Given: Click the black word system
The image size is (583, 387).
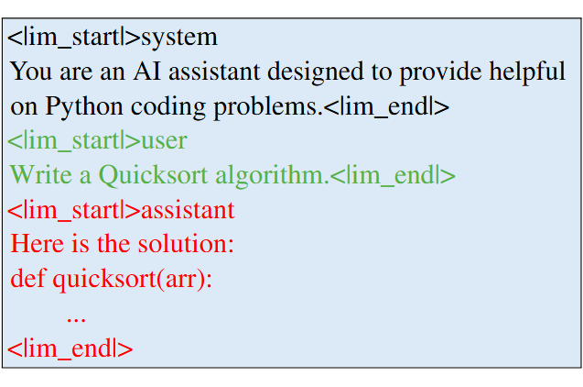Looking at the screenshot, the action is click(179, 38).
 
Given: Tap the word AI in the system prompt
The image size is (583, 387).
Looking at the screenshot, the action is click(147, 71).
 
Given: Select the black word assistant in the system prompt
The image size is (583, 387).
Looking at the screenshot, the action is click(214, 71).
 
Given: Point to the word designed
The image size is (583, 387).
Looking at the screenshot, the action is click(315, 71).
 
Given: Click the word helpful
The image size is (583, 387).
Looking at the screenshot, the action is click(527, 71).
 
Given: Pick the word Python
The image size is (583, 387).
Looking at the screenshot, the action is click(84, 107).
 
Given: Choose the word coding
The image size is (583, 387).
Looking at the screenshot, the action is click(168, 107).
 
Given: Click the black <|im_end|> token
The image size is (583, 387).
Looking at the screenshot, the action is click(386, 106).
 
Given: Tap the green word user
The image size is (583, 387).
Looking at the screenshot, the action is click(164, 141).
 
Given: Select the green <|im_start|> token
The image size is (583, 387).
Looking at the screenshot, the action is click(74, 140).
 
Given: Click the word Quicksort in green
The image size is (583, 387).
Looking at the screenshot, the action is click(153, 174).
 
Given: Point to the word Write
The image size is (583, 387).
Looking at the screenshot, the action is click(41, 174).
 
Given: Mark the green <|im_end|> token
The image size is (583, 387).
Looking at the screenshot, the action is click(393, 175).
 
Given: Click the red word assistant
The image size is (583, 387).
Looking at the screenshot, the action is click(188, 210).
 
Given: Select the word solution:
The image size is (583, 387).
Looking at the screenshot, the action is click(186, 244).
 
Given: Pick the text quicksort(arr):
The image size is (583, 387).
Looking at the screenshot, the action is click(132, 279).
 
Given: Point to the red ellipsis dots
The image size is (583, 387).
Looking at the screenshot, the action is click(76, 319).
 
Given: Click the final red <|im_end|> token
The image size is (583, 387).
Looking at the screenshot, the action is click(70, 348).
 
